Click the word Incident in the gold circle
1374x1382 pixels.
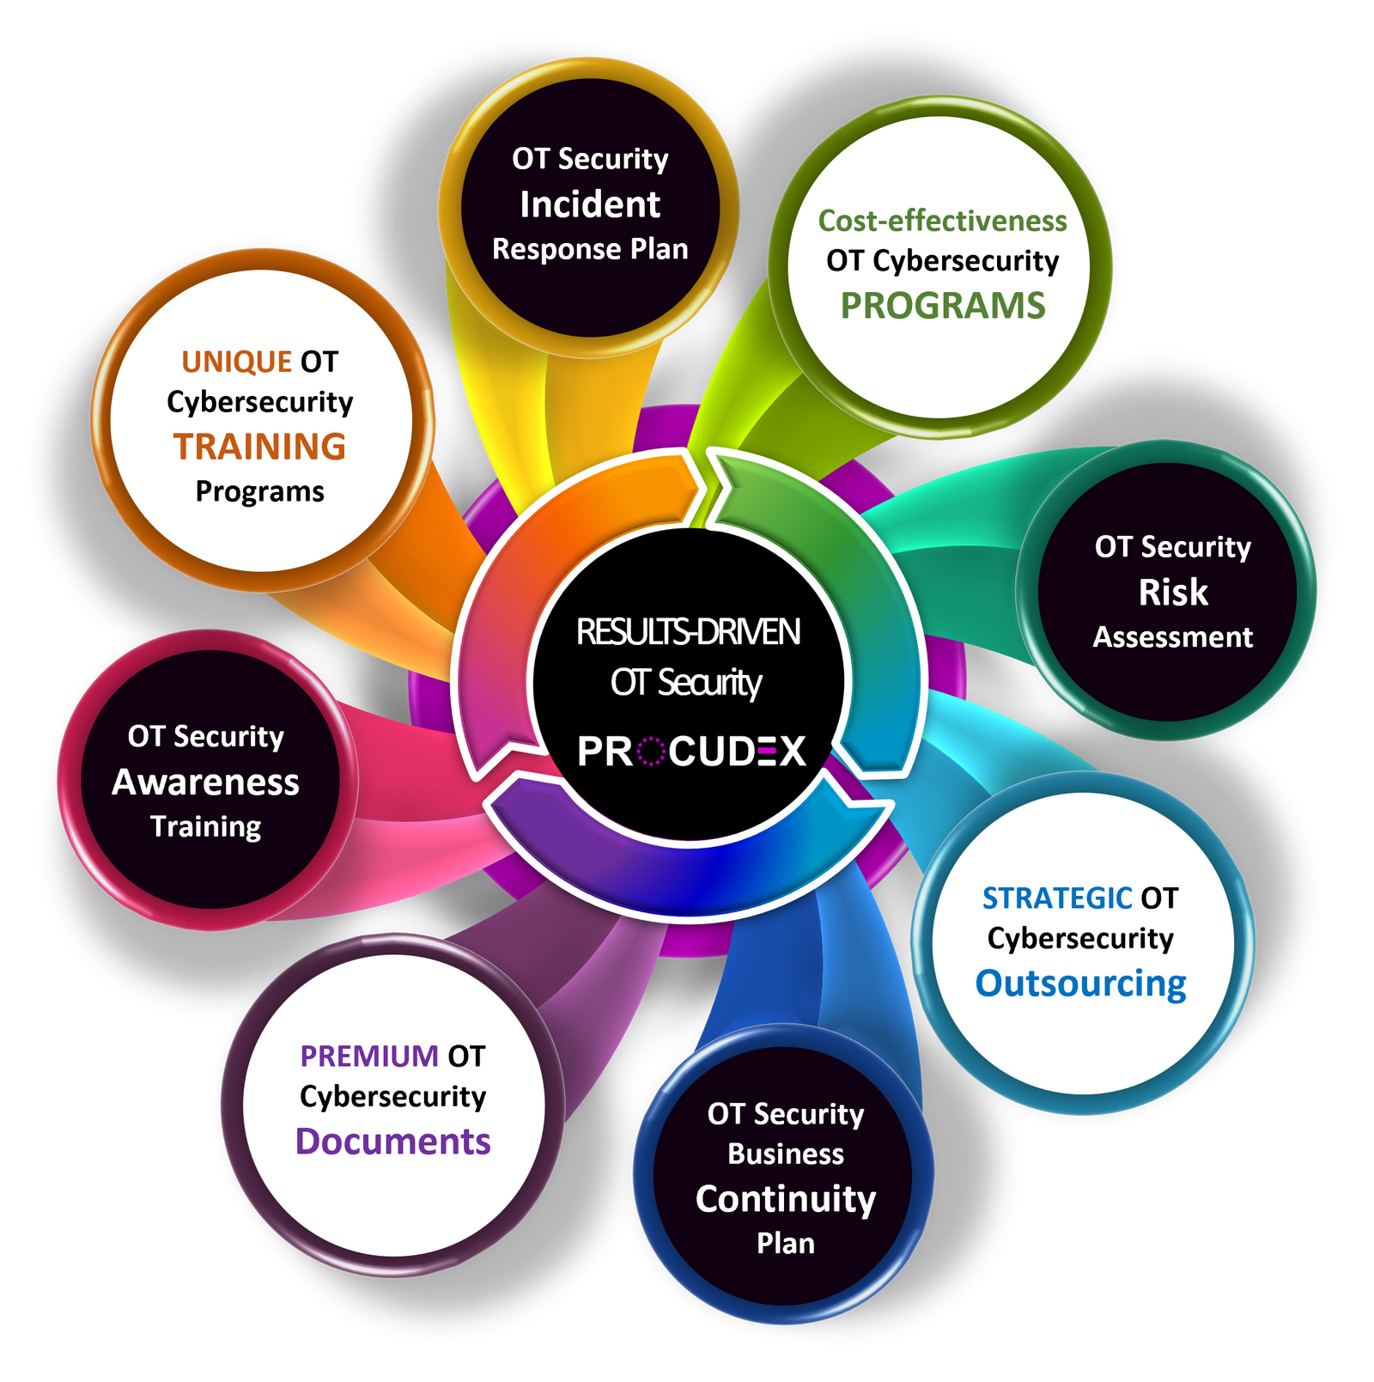590,204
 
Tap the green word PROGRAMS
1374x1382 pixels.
942,306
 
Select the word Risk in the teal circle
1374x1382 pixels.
1172,592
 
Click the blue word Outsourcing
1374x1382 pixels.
1080,983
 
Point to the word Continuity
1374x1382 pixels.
785,1199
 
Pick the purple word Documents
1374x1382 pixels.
392,1142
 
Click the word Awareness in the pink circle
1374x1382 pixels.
205,782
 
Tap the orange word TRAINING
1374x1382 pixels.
259,447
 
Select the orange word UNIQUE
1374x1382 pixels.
236,362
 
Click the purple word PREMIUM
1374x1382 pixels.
369,1056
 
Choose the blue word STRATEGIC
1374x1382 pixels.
1056,898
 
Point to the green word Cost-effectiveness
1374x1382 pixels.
942,222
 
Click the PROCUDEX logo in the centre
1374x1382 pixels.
691,752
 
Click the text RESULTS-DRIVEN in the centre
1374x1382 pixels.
688,632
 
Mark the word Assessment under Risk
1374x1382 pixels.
1172,637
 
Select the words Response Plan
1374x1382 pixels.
590,249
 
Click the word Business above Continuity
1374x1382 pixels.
785,1154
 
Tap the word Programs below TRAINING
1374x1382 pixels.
259,491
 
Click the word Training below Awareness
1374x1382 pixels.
205,826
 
